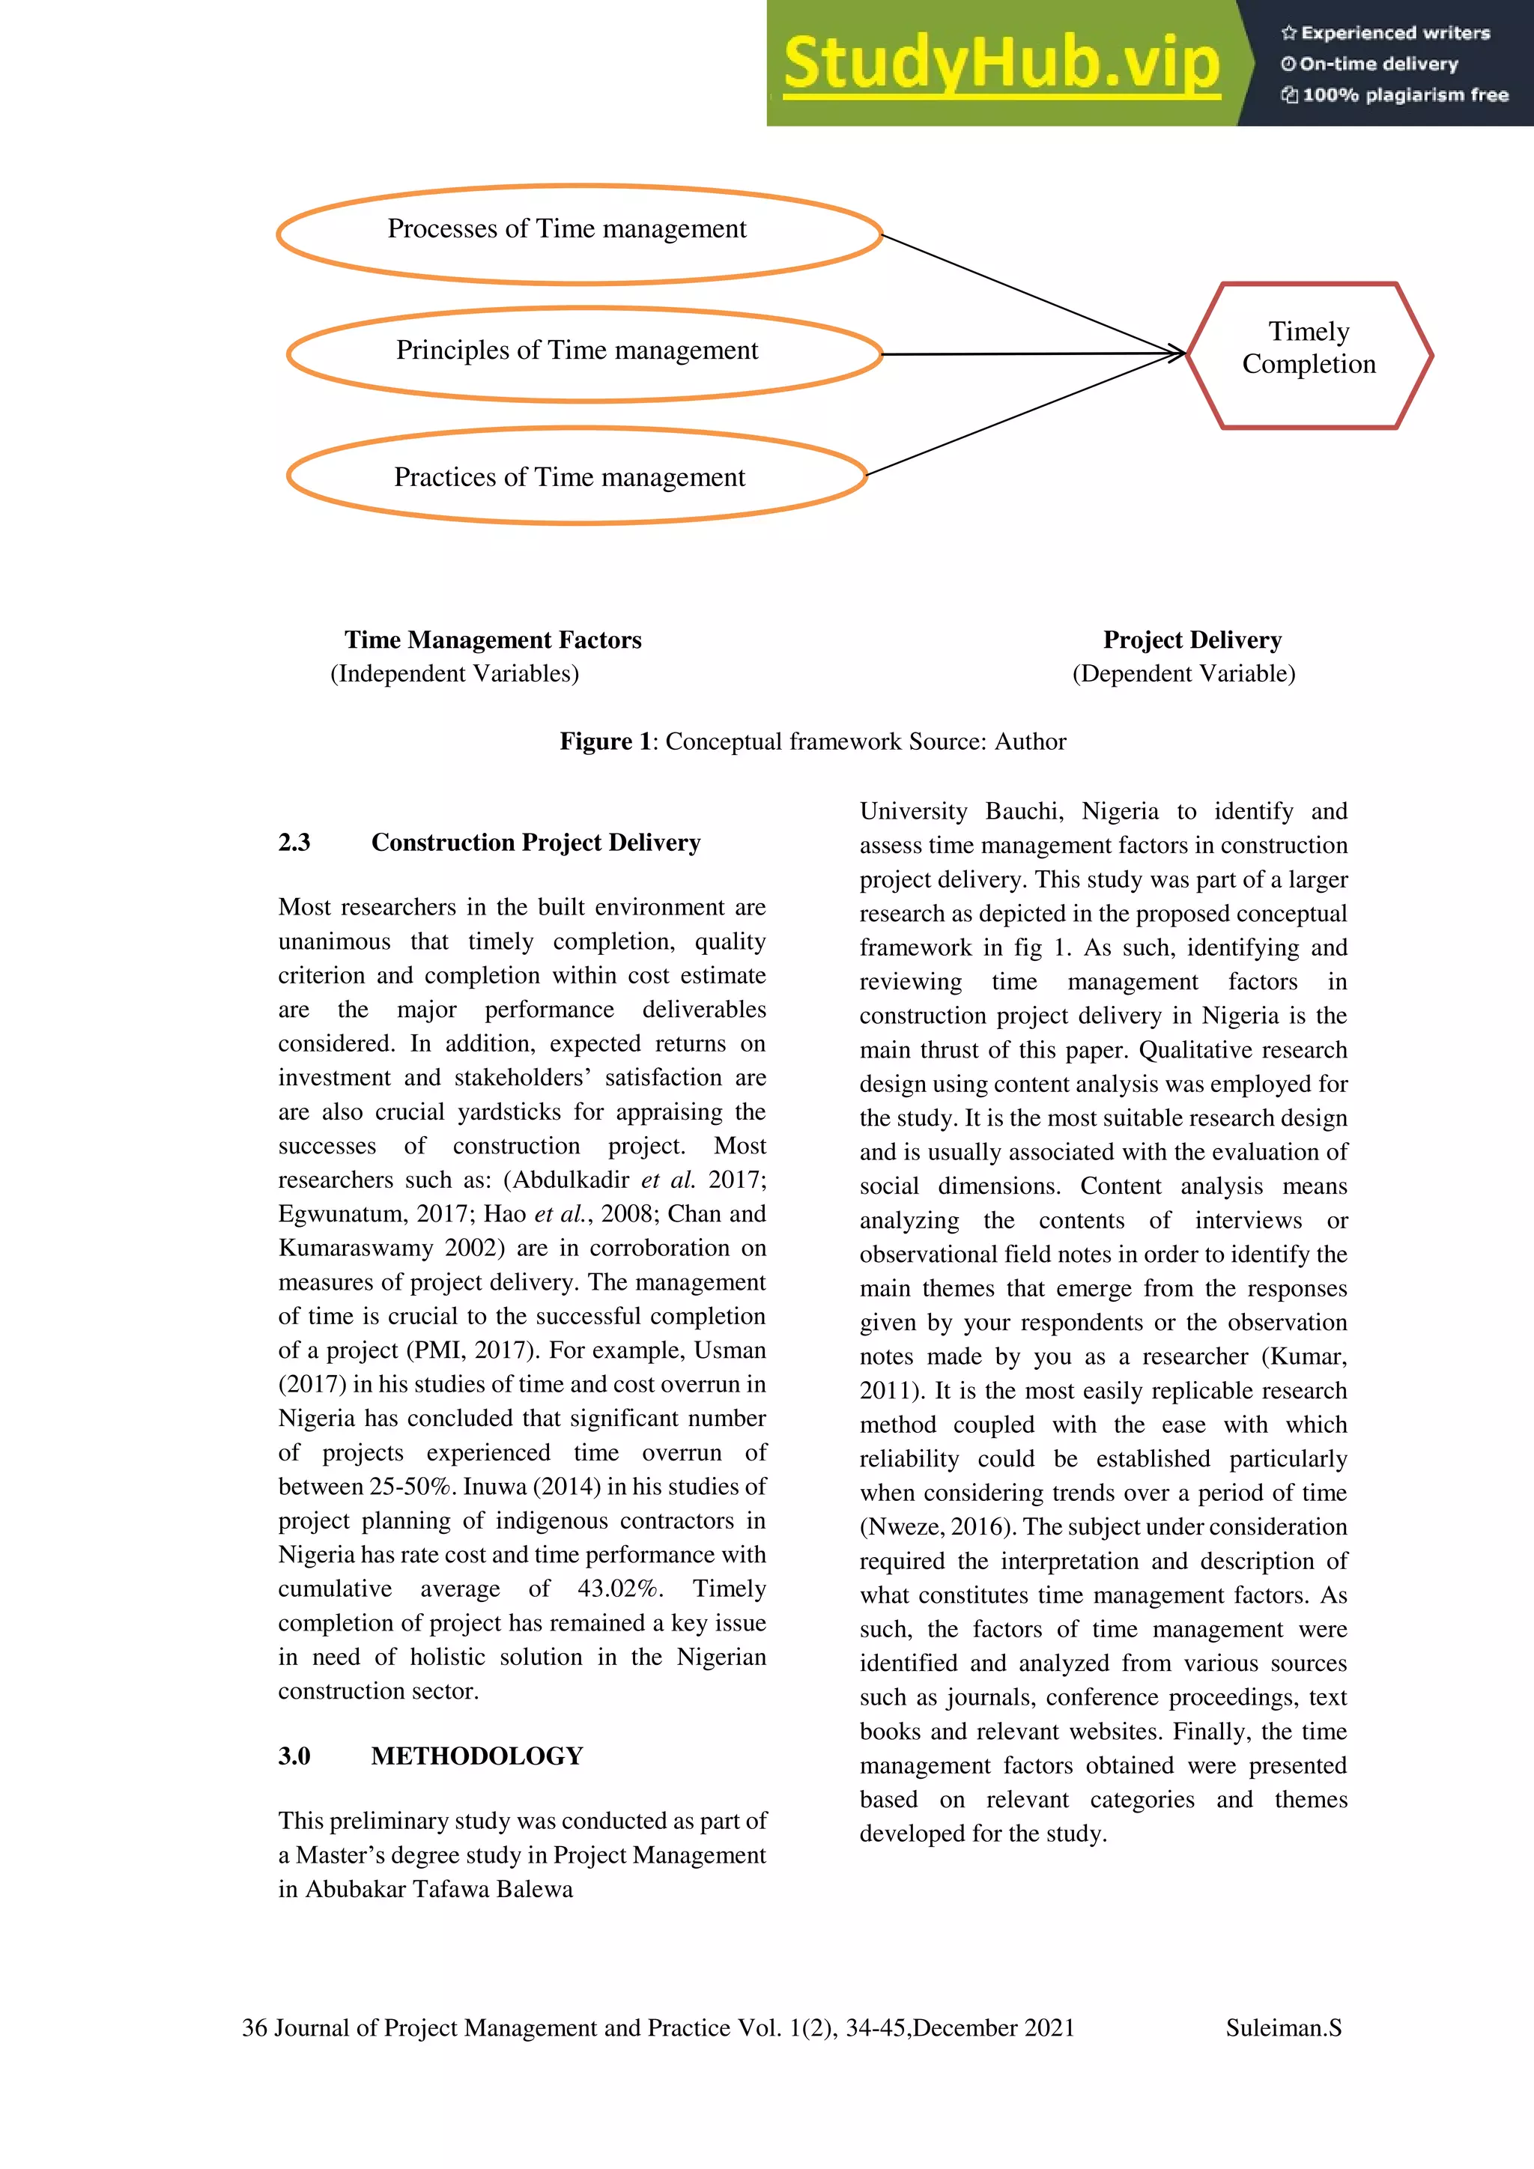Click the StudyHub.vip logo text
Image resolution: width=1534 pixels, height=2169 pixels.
pos(1001,64)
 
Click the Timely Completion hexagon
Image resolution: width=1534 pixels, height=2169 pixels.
pos(1309,354)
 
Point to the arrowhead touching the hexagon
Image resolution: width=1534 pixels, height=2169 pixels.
pos(1177,354)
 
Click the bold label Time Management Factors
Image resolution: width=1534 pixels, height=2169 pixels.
pos(492,640)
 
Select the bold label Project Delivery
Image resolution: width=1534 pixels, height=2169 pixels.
pos(1192,640)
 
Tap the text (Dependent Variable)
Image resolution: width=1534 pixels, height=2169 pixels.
pos(1183,673)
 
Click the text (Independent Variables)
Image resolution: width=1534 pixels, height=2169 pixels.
pos(455,673)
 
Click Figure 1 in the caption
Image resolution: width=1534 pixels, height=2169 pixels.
pos(604,741)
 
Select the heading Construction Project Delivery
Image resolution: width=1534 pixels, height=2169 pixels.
pos(536,842)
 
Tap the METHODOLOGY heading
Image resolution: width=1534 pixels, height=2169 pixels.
pos(476,1756)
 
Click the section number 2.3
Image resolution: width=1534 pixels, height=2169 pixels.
pos(294,842)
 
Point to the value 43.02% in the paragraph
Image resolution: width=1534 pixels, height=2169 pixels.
pos(619,1589)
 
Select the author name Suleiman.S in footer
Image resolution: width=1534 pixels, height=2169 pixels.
pos(1283,2027)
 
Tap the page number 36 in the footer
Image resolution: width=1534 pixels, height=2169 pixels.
pos(254,2027)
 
